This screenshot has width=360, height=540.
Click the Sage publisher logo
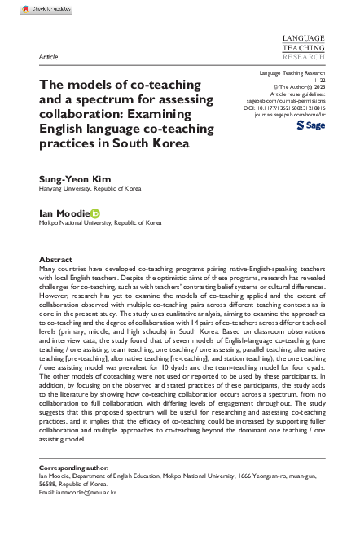tap(311, 127)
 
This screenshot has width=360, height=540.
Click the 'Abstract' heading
tap(55, 258)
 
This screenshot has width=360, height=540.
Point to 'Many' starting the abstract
tap(50, 268)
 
